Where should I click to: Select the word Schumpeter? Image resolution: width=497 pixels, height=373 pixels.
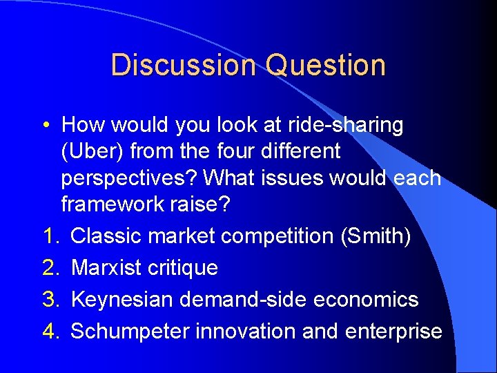point(130,332)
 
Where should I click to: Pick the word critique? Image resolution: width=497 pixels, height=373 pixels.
point(188,268)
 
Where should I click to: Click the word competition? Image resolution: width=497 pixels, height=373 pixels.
point(277,236)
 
